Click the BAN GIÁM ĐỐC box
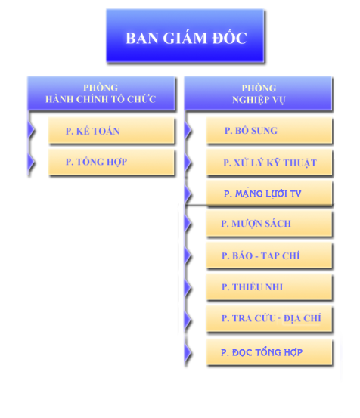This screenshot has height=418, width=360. (x=185, y=36)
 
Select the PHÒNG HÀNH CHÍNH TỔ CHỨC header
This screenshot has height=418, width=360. (x=101, y=93)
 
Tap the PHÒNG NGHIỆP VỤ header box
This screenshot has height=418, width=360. (x=258, y=93)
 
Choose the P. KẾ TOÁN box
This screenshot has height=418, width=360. (x=111, y=131)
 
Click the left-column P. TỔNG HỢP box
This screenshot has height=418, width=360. (x=111, y=162)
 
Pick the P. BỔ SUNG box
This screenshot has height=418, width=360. (x=269, y=131)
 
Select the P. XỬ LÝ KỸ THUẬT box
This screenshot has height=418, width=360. (x=269, y=162)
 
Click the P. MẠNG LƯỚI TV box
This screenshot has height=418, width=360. (x=269, y=193)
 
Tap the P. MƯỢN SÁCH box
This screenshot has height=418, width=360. (x=269, y=224)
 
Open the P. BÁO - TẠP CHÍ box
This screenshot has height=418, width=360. (x=269, y=255)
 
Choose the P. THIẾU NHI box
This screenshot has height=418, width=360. (x=269, y=287)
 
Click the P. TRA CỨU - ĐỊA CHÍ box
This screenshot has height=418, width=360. (x=269, y=319)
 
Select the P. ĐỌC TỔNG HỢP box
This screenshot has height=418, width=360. (x=269, y=352)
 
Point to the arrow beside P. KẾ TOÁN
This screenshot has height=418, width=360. (x=31, y=130)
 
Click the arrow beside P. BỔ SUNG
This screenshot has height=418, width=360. (x=188, y=130)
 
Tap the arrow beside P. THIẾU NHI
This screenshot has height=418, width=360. (x=188, y=287)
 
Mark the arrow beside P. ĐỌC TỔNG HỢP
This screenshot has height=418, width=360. (x=188, y=352)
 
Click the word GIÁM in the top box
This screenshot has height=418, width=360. (x=185, y=38)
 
